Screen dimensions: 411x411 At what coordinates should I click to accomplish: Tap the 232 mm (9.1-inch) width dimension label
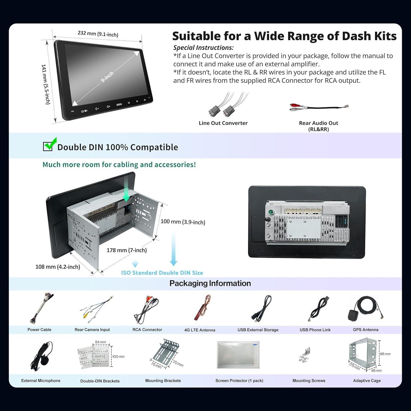(x=98, y=34)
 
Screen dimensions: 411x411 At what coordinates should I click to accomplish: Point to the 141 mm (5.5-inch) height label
(x=45, y=84)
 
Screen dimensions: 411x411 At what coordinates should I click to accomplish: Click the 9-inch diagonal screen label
(x=107, y=77)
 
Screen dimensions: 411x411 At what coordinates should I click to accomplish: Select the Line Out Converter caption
(x=223, y=123)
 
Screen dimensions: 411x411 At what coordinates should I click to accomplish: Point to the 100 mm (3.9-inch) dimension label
(x=183, y=222)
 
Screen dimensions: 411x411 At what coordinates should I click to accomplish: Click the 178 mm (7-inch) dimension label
(x=127, y=250)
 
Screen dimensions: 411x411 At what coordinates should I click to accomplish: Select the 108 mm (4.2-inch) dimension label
(x=58, y=267)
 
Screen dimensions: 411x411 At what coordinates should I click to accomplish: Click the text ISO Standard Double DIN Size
(x=162, y=273)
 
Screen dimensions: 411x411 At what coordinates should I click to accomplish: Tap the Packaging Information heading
(x=210, y=283)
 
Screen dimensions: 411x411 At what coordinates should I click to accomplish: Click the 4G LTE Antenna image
(x=202, y=307)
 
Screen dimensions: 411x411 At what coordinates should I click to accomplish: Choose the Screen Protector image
(x=238, y=355)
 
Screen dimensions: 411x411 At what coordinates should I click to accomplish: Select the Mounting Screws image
(x=305, y=355)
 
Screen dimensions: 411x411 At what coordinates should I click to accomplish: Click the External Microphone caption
(x=41, y=381)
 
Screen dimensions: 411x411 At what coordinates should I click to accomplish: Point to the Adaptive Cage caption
(x=367, y=381)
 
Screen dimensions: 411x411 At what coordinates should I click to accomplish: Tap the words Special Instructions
(x=203, y=48)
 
